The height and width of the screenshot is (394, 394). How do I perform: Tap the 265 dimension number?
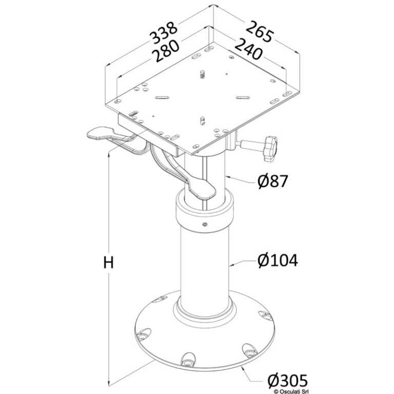[259, 32]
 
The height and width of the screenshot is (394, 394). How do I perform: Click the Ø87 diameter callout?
[272, 181]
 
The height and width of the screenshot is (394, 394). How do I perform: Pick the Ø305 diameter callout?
[287, 380]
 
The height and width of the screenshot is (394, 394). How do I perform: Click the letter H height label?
[109, 263]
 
